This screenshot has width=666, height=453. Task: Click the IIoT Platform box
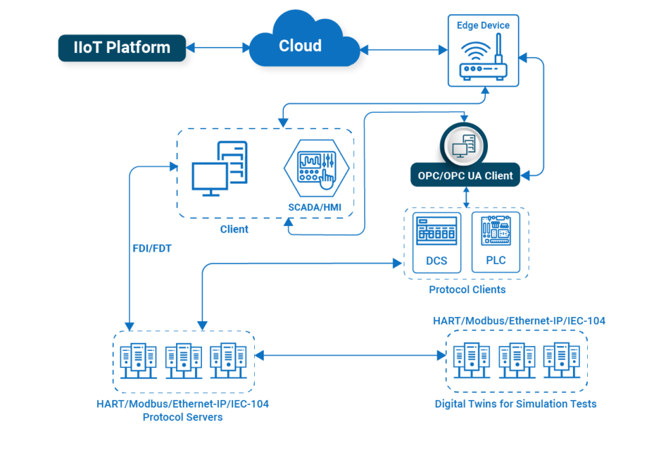coord(122,48)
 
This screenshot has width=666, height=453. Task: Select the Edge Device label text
coord(483,25)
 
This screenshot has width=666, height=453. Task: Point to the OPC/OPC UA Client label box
coord(466,175)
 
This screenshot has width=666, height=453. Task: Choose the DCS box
coord(436,242)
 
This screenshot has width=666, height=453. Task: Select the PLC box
coord(495,242)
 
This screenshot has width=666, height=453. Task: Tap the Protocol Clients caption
coord(467,290)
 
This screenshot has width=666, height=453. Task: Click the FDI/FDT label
coord(152,249)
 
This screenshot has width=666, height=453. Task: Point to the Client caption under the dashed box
coord(234,229)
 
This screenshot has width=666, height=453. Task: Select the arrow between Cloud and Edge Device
coord(404,48)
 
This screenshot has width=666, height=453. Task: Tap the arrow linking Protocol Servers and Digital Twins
coord(350,355)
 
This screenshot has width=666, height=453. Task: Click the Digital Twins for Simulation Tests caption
coord(516,404)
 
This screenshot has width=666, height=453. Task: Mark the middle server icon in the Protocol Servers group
coord(183,360)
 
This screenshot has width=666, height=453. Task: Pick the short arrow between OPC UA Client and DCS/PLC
coord(467,196)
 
